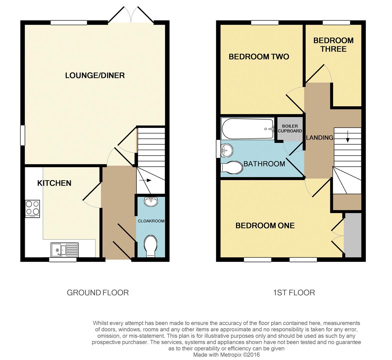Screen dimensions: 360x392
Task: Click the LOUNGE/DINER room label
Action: [95, 75]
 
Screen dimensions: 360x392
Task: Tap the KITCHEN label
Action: [54, 183]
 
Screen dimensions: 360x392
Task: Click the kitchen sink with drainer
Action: [65, 249]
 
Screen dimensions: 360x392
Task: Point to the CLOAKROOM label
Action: [151, 221]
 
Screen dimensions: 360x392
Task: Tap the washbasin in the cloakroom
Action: [151, 201]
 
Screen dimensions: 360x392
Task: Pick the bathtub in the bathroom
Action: [248, 129]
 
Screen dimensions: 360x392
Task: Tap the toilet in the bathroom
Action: [232, 168]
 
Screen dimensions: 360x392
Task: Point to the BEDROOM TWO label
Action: [259, 57]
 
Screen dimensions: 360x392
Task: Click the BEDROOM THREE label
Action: [333, 45]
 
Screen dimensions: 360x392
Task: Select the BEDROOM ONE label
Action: [265, 226]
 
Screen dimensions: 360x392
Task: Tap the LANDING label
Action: [320, 137]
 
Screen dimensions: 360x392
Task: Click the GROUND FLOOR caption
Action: [98, 293]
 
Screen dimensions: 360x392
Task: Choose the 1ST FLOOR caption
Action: [294, 293]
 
